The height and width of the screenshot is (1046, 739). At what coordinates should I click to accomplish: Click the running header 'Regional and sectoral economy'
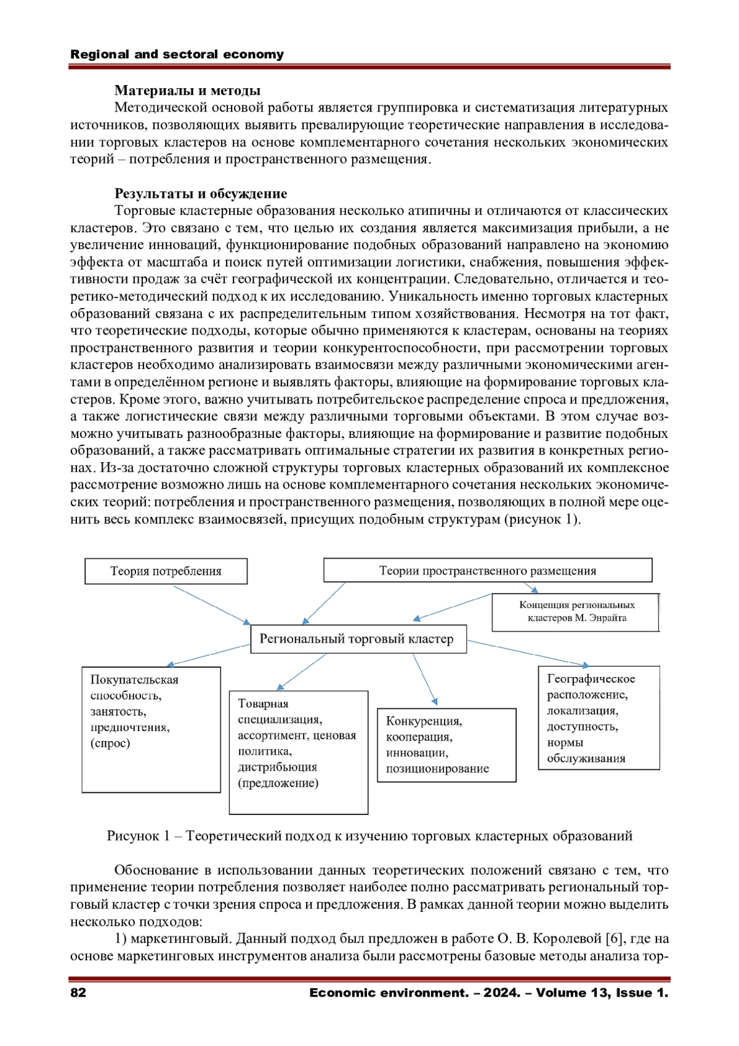tap(177, 54)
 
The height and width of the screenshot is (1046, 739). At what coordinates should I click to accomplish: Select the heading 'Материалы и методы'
tap(187, 91)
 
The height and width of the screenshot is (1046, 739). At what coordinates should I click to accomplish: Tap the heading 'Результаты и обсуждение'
tap(201, 193)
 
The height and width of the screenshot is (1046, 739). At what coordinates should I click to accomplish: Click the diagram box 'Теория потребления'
tap(166, 571)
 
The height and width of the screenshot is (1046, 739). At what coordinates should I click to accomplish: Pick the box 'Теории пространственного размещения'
tap(487, 570)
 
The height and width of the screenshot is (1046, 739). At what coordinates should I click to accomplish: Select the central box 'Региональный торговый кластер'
tap(358, 639)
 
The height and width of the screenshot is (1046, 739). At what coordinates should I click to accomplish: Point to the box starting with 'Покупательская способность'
tap(151, 729)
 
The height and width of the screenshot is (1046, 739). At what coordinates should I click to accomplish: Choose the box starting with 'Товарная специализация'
tap(298, 752)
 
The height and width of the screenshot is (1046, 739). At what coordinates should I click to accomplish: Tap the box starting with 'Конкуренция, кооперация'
tap(446, 745)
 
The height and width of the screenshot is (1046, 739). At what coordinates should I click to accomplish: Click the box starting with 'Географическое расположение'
tap(599, 718)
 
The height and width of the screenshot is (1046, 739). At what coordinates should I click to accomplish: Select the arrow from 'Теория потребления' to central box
tap(211, 605)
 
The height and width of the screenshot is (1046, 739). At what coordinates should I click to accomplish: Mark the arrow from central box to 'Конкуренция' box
tap(425, 678)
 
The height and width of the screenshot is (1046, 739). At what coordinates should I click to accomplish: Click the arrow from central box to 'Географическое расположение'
tap(528, 654)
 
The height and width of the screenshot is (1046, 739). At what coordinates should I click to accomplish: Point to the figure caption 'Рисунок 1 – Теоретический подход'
tap(369, 836)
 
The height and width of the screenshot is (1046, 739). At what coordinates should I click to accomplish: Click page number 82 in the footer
tap(78, 992)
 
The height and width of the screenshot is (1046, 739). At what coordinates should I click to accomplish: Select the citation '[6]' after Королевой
tap(614, 939)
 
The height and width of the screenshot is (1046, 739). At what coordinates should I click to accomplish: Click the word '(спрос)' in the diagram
tap(110, 743)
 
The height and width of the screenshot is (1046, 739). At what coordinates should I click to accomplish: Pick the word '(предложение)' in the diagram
tap(278, 783)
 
